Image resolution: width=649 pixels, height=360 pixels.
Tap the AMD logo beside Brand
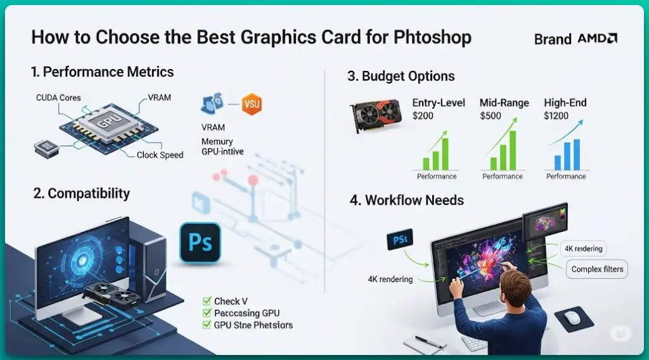pos(597,39)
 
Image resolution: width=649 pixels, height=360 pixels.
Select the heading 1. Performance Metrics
pos(102,72)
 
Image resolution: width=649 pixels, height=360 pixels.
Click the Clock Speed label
pos(160,155)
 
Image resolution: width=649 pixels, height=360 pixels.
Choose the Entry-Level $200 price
pos(424,116)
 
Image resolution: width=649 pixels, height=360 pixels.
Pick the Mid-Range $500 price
pos(491,116)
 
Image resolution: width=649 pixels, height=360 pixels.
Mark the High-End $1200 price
pos(556,116)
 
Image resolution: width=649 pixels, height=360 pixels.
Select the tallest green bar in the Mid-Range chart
pos(513,150)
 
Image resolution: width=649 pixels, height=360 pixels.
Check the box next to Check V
pos(206,301)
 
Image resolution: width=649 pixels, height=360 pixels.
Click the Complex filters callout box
pos(596,269)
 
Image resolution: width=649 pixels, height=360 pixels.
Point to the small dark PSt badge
pos(399,240)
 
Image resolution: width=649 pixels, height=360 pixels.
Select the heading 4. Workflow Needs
pos(406,200)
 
